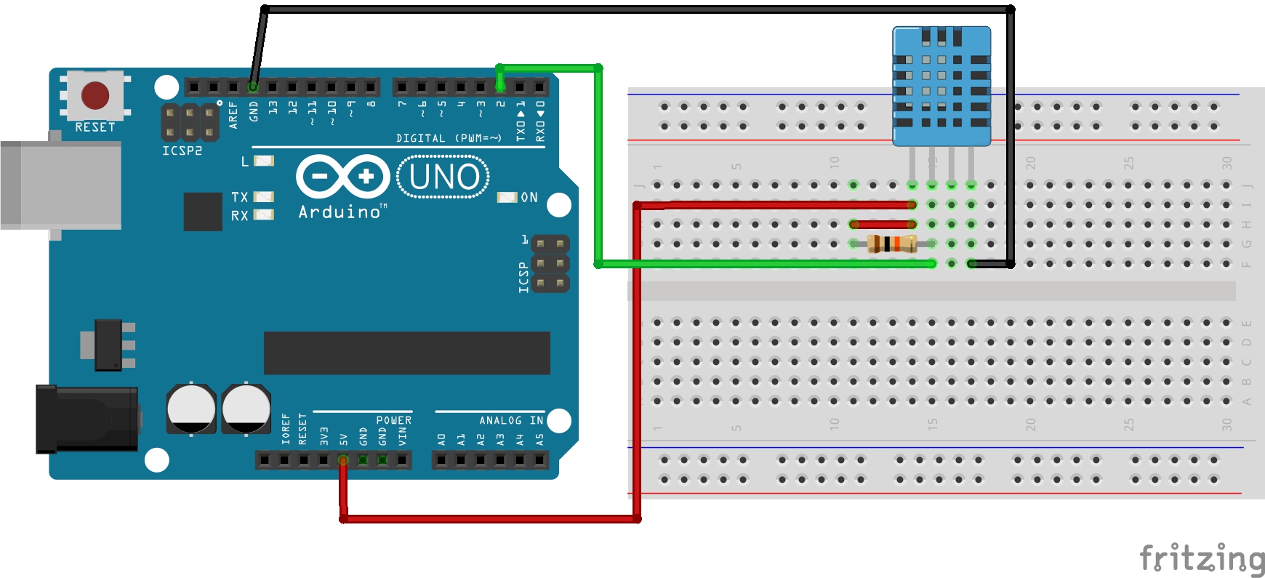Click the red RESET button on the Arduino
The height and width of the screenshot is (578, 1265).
coord(95,95)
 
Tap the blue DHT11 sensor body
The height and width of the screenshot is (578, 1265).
coord(941,87)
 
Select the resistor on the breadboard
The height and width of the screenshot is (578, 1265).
coord(892,244)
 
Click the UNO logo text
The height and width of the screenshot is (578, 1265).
coord(443,177)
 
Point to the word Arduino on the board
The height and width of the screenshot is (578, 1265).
coord(340,212)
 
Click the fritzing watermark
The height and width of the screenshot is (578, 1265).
coord(1201,558)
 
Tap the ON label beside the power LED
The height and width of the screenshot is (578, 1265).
coord(529,198)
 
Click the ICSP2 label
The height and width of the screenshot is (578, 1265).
coord(182,150)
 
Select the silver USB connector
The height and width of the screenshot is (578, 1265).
coord(61,185)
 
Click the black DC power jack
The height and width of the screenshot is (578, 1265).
coord(87,420)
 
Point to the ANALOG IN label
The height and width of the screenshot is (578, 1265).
coord(511,420)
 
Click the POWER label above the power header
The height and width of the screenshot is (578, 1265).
coord(393,420)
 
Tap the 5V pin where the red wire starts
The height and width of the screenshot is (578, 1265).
coord(343,459)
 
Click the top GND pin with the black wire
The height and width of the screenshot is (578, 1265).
coord(253,87)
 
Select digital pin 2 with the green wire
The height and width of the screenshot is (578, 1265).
coord(500,87)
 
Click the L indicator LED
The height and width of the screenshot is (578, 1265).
coord(264,161)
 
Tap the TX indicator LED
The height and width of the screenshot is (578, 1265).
coord(264,197)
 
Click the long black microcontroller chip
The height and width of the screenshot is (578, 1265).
coord(406,353)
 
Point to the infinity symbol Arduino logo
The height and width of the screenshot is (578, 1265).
coord(343,176)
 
